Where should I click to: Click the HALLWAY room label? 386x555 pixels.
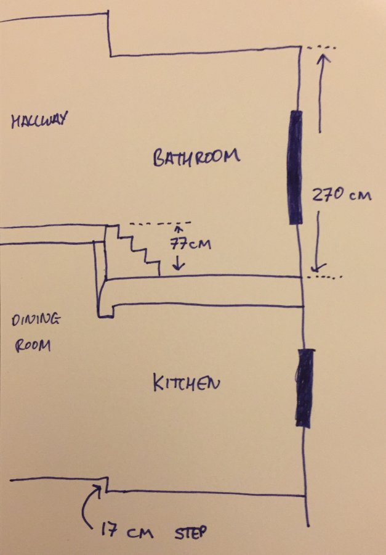point(39,121)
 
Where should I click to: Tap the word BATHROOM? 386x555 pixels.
point(196,157)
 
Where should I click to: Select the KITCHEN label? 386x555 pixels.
point(187,383)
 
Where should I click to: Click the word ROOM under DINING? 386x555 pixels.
point(33,345)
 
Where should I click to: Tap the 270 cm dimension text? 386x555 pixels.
point(342,195)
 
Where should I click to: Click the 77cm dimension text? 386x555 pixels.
point(190,244)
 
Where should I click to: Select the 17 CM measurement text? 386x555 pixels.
point(127,531)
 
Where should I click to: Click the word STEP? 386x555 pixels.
point(190,532)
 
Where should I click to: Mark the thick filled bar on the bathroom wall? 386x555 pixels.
point(296,167)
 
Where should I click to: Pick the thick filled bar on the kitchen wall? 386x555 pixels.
point(305,388)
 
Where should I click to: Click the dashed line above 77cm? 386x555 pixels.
point(161,223)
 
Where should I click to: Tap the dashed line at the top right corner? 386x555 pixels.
point(321,47)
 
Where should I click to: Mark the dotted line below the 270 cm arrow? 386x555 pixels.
point(324,277)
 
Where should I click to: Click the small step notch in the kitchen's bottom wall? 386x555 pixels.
point(106,484)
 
